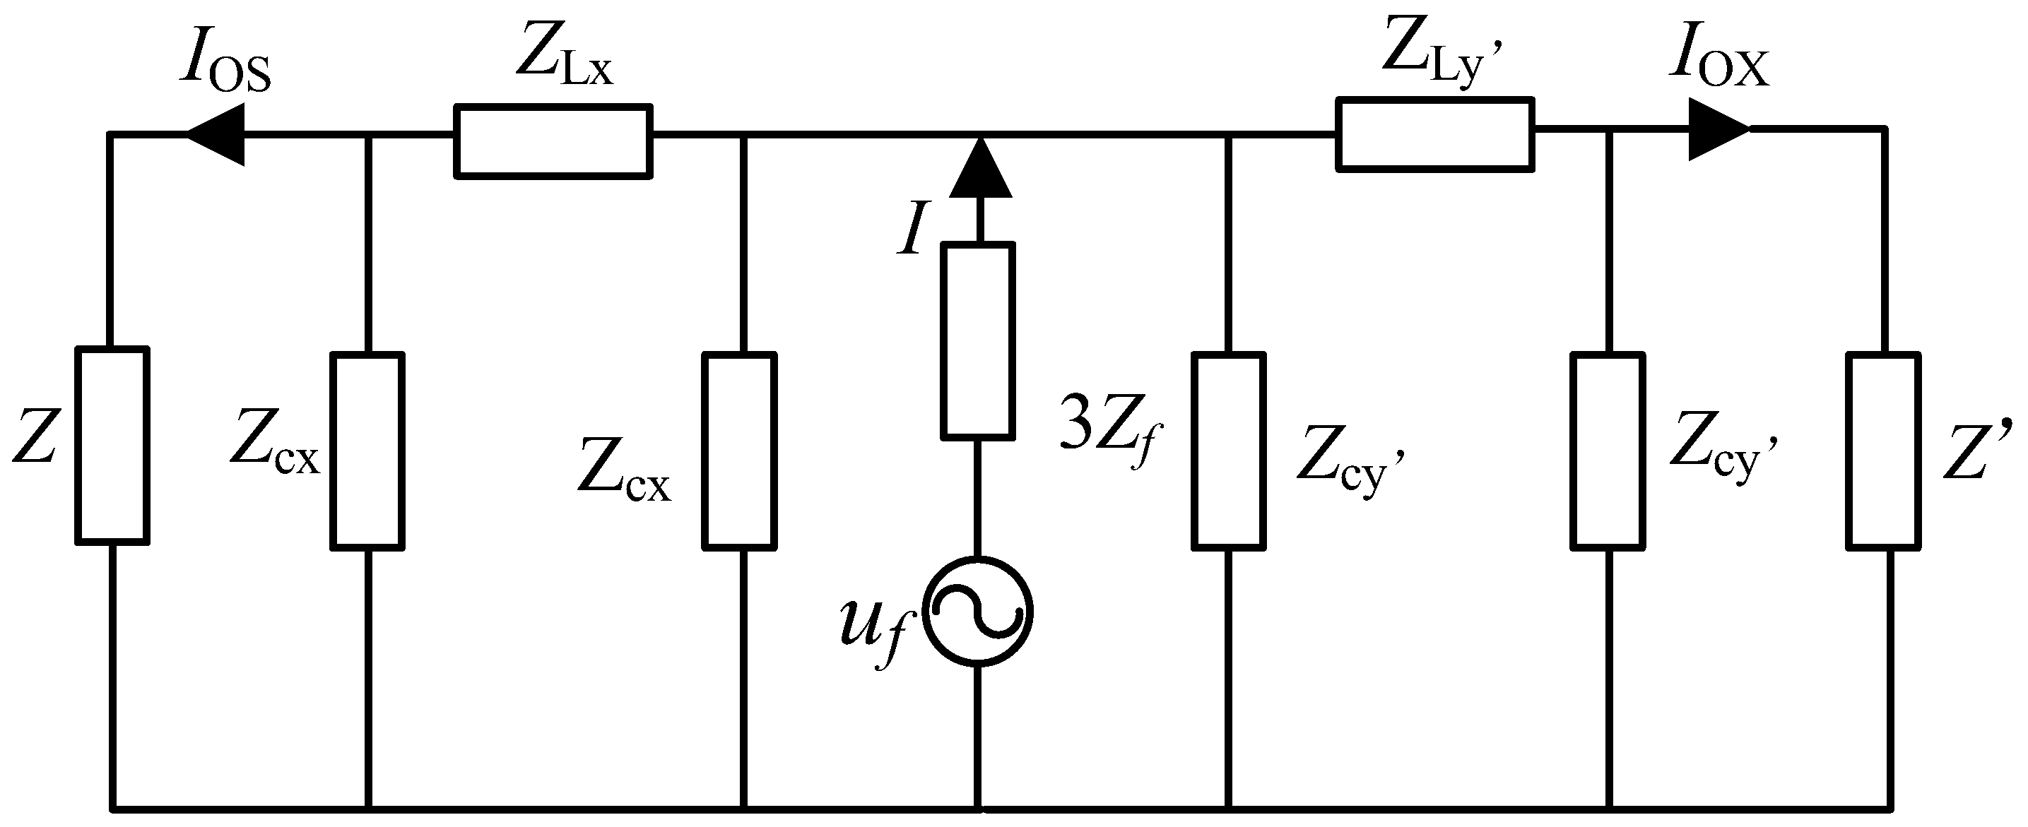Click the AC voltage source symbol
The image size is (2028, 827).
978,612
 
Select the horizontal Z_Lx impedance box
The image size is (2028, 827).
553,142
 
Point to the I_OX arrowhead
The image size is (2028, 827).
1718,129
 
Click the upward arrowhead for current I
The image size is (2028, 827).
979,169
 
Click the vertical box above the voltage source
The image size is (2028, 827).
978,339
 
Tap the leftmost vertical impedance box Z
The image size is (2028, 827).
112,446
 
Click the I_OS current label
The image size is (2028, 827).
225,63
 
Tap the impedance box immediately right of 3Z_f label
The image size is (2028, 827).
1229,451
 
